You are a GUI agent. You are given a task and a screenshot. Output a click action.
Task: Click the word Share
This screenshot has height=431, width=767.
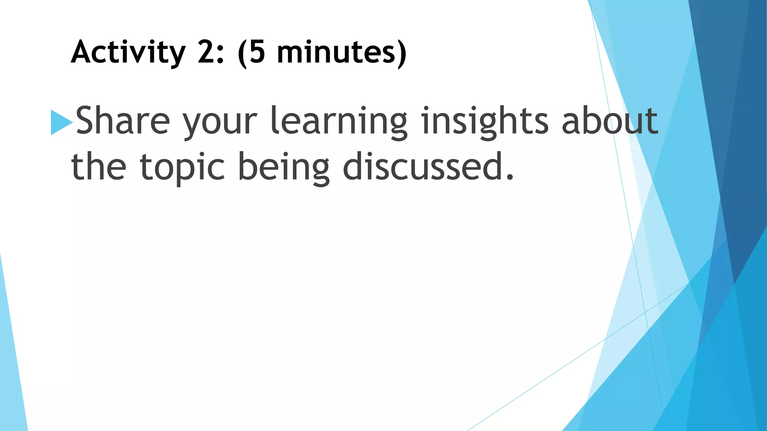(123, 120)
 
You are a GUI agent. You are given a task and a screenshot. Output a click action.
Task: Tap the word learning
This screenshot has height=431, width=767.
(339, 122)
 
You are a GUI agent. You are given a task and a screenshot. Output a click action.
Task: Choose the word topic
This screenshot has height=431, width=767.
(182, 168)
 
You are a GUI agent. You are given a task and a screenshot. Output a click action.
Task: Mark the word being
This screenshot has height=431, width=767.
(284, 168)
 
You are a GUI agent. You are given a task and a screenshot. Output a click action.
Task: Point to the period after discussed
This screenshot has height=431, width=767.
(510, 177)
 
